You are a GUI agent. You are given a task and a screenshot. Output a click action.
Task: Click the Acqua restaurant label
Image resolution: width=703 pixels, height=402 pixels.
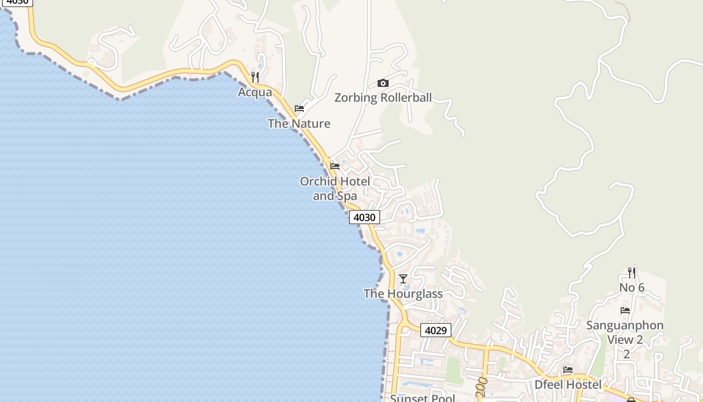click(x=255, y=92)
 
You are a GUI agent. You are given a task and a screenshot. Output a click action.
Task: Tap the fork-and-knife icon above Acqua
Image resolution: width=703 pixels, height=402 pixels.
click(x=255, y=77)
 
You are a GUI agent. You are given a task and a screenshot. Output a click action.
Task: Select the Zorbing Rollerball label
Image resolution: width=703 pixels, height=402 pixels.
click(x=383, y=97)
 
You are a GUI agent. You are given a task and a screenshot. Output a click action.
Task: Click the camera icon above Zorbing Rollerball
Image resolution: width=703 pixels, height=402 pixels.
click(x=383, y=83)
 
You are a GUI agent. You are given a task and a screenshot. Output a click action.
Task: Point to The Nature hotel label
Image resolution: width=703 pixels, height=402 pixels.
click(x=299, y=124)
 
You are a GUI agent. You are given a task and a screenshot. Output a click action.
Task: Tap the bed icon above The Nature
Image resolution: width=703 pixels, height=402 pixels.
click(x=299, y=109)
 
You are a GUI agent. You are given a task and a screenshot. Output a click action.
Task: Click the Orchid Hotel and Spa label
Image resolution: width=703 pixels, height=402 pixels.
click(x=335, y=188)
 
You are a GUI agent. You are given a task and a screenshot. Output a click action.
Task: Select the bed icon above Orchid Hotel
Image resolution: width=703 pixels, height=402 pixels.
click(x=335, y=166)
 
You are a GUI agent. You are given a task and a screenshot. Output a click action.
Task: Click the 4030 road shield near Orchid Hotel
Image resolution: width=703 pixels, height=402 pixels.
click(x=365, y=217)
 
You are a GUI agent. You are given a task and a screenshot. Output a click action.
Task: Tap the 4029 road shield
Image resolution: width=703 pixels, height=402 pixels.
click(x=436, y=330)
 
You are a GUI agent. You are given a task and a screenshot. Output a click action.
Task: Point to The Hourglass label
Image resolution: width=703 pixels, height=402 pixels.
click(x=403, y=293)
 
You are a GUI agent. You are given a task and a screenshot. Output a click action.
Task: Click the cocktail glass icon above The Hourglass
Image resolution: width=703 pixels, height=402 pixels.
click(x=403, y=278)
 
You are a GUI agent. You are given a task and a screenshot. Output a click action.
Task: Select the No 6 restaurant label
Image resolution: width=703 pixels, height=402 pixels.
click(x=632, y=287)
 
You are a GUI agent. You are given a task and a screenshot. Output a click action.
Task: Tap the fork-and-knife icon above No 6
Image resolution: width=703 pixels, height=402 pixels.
click(x=632, y=273)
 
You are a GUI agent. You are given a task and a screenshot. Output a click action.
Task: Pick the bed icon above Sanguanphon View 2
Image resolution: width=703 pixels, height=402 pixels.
click(x=625, y=311)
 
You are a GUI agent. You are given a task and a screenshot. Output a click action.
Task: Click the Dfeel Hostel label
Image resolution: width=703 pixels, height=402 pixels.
click(x=568, y=385)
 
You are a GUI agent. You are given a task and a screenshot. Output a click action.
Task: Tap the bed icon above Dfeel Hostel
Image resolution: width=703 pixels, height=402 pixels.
click(x=568, y=370)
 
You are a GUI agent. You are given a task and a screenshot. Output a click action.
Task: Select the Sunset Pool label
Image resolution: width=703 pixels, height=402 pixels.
click(x=423, y=398)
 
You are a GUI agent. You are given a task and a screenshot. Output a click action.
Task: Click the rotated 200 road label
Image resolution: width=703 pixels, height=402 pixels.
click(x=482, y=387)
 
